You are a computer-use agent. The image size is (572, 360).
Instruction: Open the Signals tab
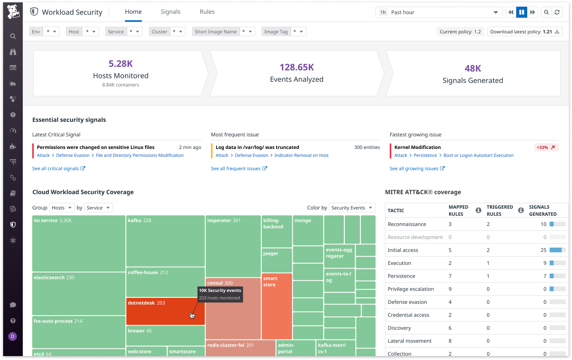click(x=170, y=12)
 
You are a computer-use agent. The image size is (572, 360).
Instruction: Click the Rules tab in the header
click(x=207, y=12)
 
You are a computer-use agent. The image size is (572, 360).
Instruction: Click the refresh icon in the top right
click(x=557, y=12)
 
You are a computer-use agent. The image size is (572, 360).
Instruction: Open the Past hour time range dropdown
click(x=439, y=12)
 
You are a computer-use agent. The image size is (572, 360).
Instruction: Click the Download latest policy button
click(x=524, y=32)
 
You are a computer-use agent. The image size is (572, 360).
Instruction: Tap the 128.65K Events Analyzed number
click(x=297, y=67)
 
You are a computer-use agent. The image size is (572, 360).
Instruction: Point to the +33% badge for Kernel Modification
click(x=546, y=147)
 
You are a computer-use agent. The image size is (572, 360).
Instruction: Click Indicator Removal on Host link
click(x=301, y=155)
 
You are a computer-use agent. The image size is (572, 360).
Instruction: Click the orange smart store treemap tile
click(x=277, y=307)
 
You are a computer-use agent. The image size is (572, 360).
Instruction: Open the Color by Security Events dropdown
click(x=352, y=208)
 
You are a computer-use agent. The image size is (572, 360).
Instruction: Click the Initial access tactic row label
click(x=403, y=250)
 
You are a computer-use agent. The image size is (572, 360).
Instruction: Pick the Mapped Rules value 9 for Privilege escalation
click(x=450, y=289)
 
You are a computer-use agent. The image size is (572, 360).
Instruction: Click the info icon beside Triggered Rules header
click(x=521, y=211)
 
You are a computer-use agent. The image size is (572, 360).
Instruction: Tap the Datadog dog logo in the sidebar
click(x=13, y=12)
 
